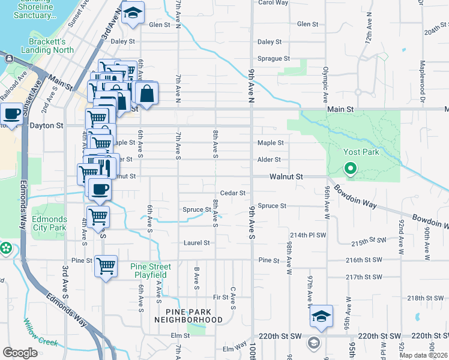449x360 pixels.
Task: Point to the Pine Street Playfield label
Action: click(151, 271)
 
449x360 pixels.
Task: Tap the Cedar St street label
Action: click(233, 193)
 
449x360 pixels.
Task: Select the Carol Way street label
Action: click(273, 2)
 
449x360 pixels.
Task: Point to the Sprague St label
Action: click(274, 59)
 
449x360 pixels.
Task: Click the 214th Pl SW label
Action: click(307, 235)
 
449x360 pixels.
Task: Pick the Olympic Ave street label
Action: click(325, 83)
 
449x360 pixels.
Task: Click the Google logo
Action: click(20, 353)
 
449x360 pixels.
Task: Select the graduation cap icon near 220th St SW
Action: click(321, 316)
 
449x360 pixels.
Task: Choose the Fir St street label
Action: click(220, 297)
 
